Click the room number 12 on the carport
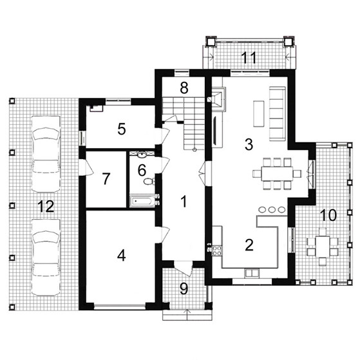click(46, 206)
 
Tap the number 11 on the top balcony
click(249, 57)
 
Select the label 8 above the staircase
click(184, 88)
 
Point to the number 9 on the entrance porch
click(184, 289)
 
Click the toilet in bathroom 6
click(149, 182)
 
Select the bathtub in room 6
click(142, 202)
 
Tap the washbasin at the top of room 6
click(142, 155)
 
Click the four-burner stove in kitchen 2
click(217, 251)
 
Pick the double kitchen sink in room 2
click(252, 273)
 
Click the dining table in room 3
click(277, 174)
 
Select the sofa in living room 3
click(278, 113)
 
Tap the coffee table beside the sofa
click(258, 113)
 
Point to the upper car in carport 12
click(46, 154)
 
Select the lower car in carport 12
click(46, 257)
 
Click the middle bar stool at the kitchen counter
click(272, 209)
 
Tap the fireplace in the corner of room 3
click(218, 99)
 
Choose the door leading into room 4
click(163, 235)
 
